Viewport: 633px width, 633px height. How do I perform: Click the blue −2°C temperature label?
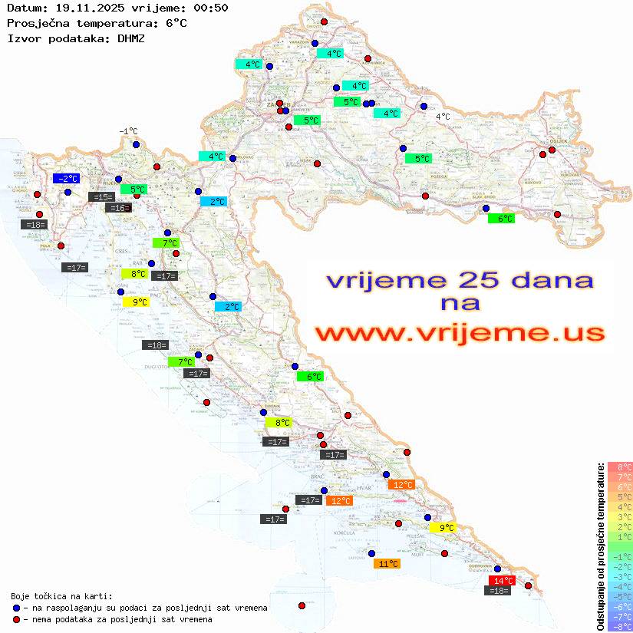[65, 179]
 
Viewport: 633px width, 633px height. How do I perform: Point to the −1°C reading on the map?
[128, 132]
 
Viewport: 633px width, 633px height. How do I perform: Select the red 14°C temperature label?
[502, 581]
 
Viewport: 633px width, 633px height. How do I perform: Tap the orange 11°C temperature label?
[386, 563]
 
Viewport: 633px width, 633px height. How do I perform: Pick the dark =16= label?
[118, 208]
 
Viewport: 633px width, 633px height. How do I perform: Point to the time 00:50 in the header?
[211, 8]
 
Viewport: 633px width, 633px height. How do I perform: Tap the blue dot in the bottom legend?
[16, 608]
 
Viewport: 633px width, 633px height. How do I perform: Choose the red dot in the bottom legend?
[16, 619]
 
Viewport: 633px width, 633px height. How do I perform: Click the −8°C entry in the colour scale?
[620, 626]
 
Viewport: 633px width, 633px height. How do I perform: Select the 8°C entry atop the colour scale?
[620, 467]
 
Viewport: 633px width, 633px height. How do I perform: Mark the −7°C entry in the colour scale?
[620, 616]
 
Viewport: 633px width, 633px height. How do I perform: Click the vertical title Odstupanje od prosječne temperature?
[600, 546]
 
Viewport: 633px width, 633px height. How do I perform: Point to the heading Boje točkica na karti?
[61, 596]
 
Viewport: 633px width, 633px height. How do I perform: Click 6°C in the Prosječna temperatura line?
[176, 23]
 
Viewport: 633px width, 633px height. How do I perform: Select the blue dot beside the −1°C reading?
[136, 144]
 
